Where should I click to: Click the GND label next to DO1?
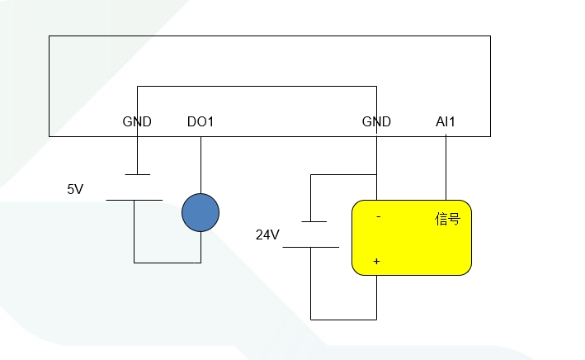click(x=137, y=121)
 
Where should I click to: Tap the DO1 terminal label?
click(x=201, y=121)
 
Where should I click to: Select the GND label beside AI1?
click(x=376, y=121)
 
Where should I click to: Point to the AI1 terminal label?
click(x=446, y=121)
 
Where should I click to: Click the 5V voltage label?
click(x=75, y=189)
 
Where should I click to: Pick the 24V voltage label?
click(x=267, y=235)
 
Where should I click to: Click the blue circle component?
click(x=201, y=212)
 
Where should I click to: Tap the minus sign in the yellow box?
click(x=378, y=218)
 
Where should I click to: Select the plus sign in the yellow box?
click(x=377, y=261)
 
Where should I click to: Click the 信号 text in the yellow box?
click(x=447, y=219)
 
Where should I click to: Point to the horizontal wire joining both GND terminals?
click(x=256, y=86)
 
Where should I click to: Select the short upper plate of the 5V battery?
click(x=137, y=174)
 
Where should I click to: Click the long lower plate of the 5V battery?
click(x=134, y=200)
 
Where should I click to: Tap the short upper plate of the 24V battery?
click(x=314, y=221)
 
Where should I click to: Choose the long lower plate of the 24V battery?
click(x=311, y=247)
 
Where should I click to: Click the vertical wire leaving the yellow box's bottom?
click(x=377, y=297)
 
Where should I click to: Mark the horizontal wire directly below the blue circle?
click(x=167, y=263)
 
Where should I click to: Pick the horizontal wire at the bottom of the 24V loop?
click(x=343, y=319)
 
